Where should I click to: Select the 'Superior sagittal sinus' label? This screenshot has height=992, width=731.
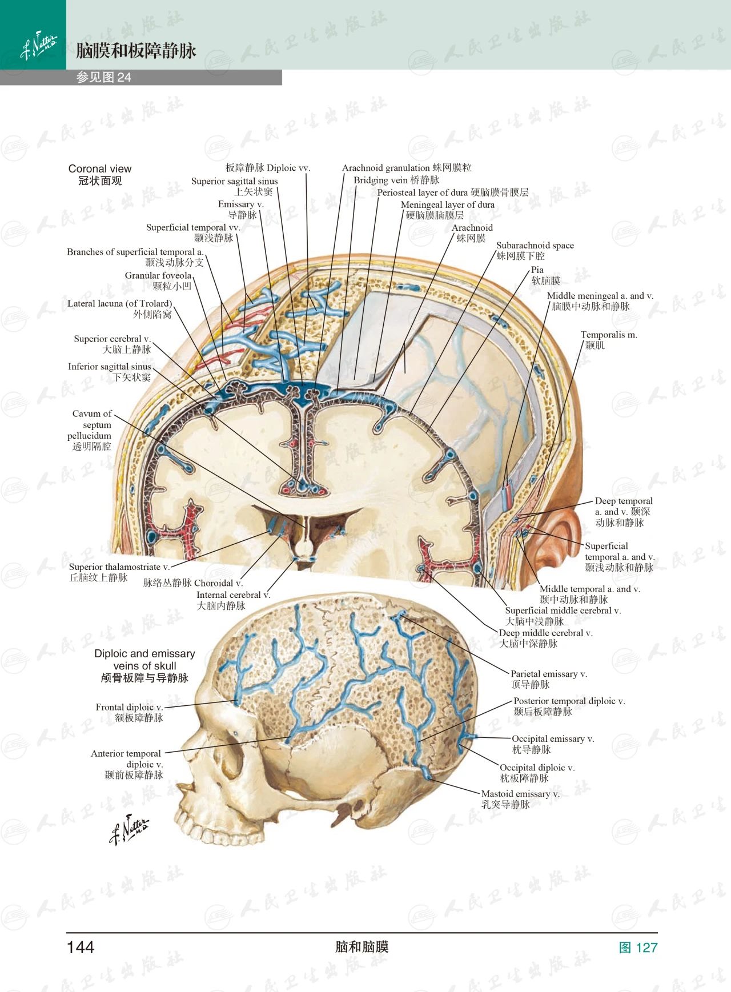click(235, 182)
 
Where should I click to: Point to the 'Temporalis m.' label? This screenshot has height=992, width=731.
click(609, 335)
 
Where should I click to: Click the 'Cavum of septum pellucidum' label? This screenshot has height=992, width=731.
click(93, 429)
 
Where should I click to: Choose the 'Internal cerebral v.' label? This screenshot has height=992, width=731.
click(233, 595)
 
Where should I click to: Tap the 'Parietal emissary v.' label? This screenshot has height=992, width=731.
click(548, 674)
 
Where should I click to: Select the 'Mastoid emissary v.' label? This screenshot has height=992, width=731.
click(520, 794)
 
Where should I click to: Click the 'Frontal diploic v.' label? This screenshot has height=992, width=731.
click(129, 708)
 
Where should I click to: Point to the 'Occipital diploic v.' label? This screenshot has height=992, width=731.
click(537, 768)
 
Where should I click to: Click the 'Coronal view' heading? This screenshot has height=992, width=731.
click(100, 169)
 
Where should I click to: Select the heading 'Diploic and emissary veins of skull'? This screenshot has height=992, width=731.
click(144, 660)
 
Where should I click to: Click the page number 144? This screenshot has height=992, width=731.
click(81, 947)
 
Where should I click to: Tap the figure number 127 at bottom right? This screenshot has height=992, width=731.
click(638, 947)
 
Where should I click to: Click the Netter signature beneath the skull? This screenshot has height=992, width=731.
click(129, 829)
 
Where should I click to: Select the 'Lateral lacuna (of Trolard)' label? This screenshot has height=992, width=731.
click(119, 304)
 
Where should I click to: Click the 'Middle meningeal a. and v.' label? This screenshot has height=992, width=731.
click(600, 296)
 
